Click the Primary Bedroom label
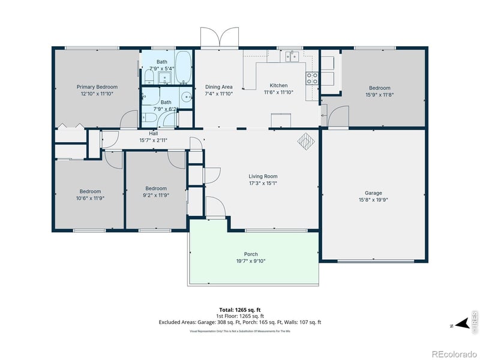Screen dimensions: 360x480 pos(97,87)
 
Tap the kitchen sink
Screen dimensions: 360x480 pos(292,57)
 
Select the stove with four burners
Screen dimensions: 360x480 pos(312,78)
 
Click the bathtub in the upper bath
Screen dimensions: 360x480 pos(183,67)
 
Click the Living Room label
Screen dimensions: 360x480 pos(263,176)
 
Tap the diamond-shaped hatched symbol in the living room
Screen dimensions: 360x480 pos(306,141)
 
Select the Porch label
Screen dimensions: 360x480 pos(251,254)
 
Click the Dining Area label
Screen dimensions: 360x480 pos(218,86)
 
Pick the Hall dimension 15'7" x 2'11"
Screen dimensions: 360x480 pos(154,140)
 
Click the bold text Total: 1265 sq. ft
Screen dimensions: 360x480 pos(240,309)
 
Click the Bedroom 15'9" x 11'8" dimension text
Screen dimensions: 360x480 pos(379,94)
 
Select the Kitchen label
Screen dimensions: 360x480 pos(278,85)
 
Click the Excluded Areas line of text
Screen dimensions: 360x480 pos(240,322)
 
